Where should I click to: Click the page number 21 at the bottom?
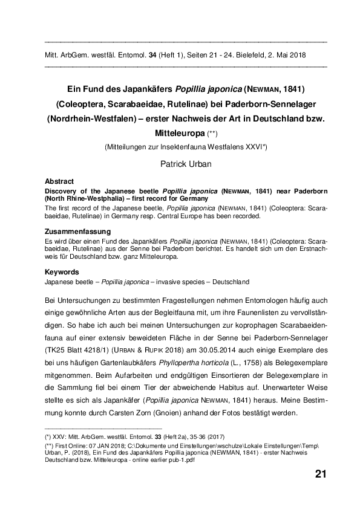coord(321,473)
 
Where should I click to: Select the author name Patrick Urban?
coord(186,163)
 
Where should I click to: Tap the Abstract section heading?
coord(59,181)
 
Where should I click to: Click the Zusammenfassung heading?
coord(77,231)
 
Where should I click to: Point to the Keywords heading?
coord(62,273)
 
